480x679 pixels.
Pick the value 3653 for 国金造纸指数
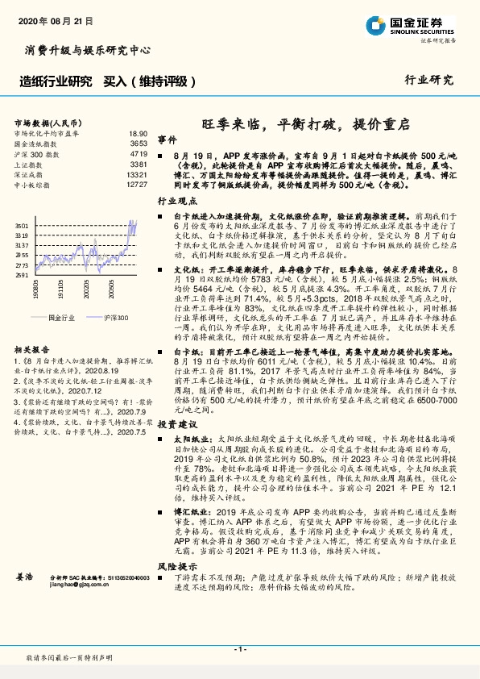point(138,144)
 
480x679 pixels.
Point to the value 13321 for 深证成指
point(136,174)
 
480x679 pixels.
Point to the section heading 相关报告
point(31,352)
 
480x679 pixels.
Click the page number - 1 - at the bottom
point(239,649)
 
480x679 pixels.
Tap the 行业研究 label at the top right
point(428,81)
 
